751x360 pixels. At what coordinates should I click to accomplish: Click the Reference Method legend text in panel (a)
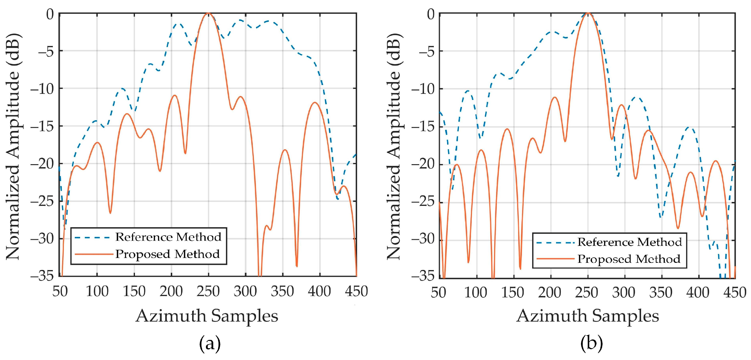click(x=168, y=237)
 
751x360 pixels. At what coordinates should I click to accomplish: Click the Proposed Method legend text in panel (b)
click(x=629, y=259)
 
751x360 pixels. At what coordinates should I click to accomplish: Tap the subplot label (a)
click(x=210, y=344)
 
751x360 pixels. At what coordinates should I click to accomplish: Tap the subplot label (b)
click(x=591, y=344)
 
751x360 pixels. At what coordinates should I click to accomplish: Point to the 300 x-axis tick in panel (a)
click(x=245, y=291)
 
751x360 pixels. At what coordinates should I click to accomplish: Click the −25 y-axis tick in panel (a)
click(x=42, y=201)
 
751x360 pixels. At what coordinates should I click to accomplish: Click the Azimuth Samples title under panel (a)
click(x=207, y=316)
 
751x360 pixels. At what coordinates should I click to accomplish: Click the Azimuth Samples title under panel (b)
click(x=587, y=316)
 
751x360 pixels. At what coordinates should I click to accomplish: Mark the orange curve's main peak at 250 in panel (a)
click(x=208, y=13)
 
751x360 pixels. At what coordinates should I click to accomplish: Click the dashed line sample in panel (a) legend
click(x=92, y=238)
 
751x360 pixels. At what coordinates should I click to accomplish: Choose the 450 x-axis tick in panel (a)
click(x=356, y=291)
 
